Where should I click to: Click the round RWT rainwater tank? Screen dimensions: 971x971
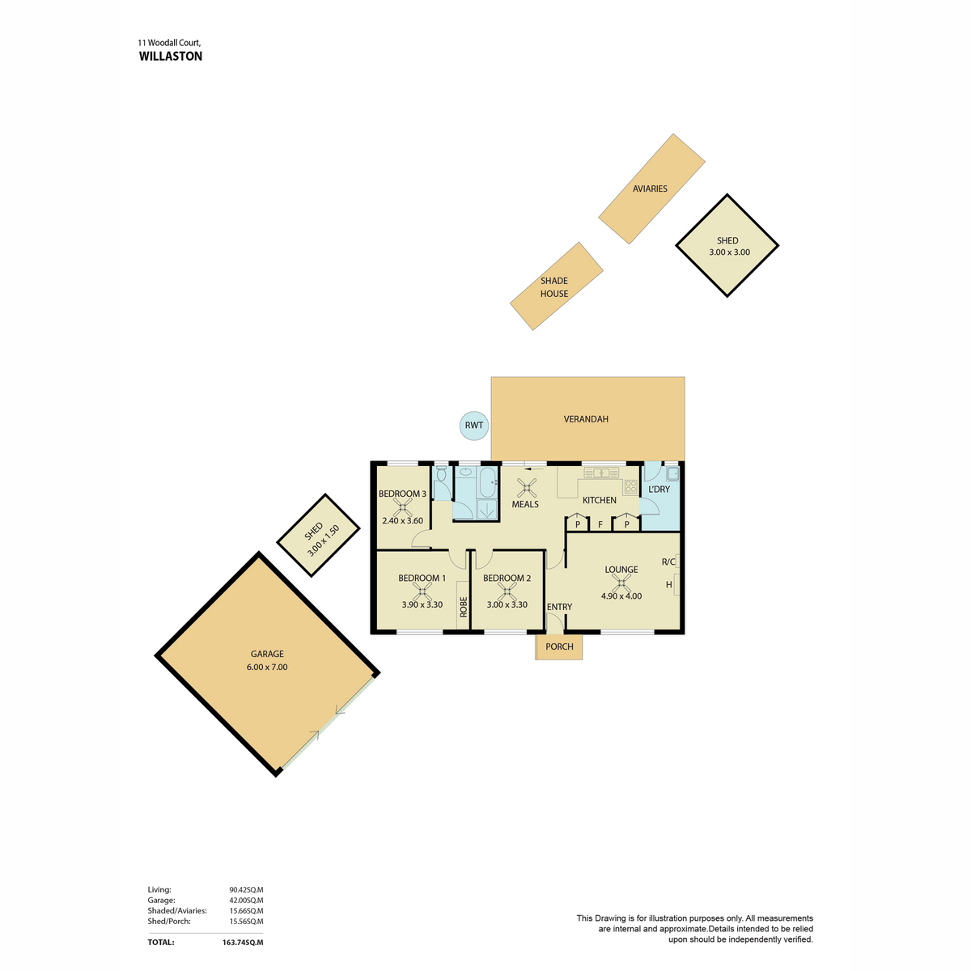coord(473,425)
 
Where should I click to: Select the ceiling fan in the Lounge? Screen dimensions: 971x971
coord(621,583)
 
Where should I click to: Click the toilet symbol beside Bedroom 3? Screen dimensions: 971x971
coord(442,473)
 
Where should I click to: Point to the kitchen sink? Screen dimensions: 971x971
coord(601,473)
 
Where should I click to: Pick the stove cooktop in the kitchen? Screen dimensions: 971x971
coord(630,485)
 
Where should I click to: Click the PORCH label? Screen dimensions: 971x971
coord(559,647)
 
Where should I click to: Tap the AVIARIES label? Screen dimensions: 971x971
coord(650,189)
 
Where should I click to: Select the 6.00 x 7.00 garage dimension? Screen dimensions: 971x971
coord(267,667)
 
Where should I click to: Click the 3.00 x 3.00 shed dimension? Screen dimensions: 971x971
coord(729,252)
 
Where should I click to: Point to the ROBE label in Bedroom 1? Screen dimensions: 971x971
coord(463,607)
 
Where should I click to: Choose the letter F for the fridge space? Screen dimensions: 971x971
coord(600,524)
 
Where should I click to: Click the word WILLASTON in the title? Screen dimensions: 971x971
coord(170,57)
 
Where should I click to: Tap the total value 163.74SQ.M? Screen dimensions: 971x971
coord(243,943)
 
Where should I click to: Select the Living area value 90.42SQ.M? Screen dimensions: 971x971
coord(246,890)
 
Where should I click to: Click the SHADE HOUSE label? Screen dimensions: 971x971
coord(553,287)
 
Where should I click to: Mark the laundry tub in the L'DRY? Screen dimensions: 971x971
coord(672,473)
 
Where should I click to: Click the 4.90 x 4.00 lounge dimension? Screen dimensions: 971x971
coord(621,596)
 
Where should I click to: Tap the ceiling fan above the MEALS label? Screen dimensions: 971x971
coord(527,488)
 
